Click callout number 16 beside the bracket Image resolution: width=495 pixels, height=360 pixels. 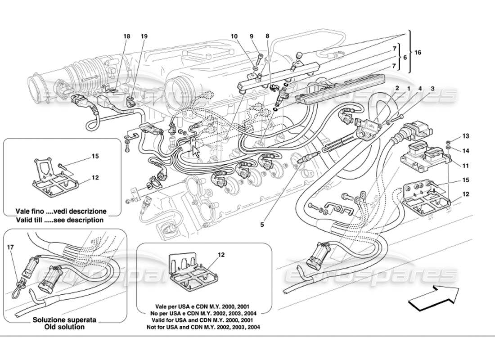pyautogui.click(x=418, y=53)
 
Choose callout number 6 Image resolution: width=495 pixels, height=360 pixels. pyautogui.click(x=405, y=58)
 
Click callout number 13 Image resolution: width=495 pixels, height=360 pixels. pyautogui.click(x=465, y=136)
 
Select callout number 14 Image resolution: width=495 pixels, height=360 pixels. pyautogui.click(x=465, y=151)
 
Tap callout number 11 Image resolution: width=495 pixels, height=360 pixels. pyautogui.click(x=465, y=166)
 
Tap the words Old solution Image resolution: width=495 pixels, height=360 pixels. pyautogui.click(x=64, y=327)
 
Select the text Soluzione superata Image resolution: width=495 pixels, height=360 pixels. pyautogui.click(x=64, y=319)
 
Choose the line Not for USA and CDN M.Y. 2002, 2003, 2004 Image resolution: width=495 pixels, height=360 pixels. pyautogui.click(x=203, y=327)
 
